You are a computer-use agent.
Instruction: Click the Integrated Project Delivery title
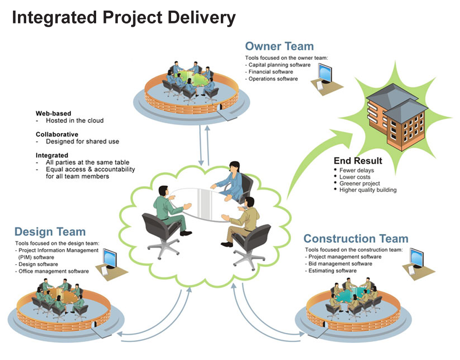[123, 18]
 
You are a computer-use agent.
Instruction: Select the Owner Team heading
[279, 46]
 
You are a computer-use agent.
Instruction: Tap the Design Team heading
[50, 232]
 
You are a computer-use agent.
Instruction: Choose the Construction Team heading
[356, 239]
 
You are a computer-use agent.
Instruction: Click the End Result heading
[358, 161]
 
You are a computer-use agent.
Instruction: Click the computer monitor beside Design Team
[109, 258]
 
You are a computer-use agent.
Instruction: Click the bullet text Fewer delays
[356, 170]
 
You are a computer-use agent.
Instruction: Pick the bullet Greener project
[359, 183]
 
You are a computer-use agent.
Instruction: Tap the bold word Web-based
[53, 113]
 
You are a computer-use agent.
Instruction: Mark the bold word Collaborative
[57, 134]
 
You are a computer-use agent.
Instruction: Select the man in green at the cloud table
[168, 209]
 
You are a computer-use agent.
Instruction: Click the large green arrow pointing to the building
[313, 157]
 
